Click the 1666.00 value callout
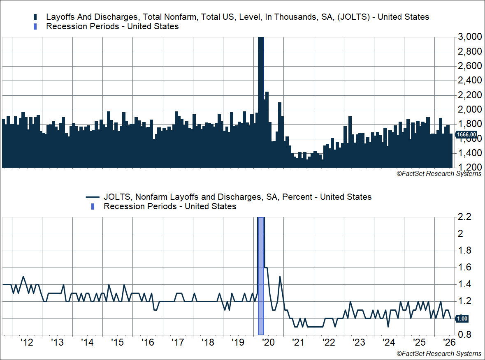[466, 134]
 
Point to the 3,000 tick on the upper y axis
[469, 37]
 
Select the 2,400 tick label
[469, 81]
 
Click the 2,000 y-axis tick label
[469, 109]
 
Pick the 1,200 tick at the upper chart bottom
[469, 167]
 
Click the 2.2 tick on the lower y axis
[464, 217]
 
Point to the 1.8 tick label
[464, 250]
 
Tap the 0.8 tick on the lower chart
[464, 335]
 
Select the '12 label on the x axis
[27, 342]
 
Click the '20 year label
[268, 342]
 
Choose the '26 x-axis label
[449, 342]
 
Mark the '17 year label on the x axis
[178, 342]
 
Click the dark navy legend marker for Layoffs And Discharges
[35, 17]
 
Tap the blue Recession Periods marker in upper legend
[35, 27]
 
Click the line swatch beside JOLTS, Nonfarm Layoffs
[93, 197]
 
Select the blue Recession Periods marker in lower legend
[93, 206]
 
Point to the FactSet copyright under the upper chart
[439, 174]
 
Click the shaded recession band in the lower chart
[261, 276]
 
